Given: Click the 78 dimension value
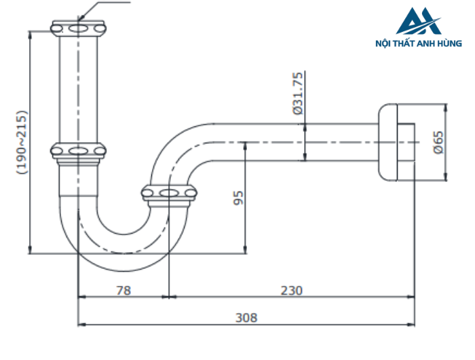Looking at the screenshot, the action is (123, 290).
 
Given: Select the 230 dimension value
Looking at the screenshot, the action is (291, 290).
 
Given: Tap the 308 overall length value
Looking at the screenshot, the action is (246, 317).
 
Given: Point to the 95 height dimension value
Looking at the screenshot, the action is (238, 198).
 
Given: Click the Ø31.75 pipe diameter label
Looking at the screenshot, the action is (298, 93).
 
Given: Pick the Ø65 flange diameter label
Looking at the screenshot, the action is (438, 142).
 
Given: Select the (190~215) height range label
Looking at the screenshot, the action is (22, 142).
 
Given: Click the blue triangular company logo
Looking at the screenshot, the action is (419, 20).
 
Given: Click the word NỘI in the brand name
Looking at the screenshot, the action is (383, 43).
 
